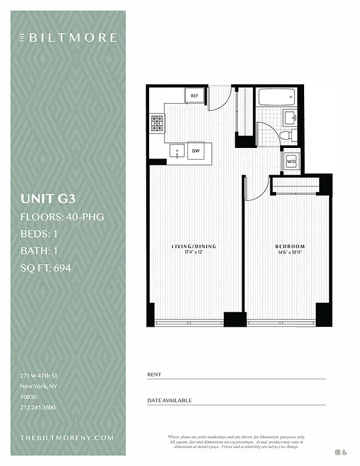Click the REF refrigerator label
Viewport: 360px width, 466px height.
[x=194, y=96]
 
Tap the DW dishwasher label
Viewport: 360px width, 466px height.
[x=196, y=151]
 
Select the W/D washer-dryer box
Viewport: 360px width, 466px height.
[x=291, y=161]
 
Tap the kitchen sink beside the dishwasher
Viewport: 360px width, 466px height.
[x=178, y=151]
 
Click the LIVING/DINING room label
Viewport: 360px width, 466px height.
[x=193, y=246]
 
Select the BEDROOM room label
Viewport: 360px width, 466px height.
[x=290, y=246]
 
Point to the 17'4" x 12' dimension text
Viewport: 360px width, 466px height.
[x=193, y=252]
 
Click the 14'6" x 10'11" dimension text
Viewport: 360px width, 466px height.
[x=290, y=252]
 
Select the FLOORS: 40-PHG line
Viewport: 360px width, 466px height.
[x=62, y=217]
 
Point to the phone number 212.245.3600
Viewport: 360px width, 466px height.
[x=38, y=407]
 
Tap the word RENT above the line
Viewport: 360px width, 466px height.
[x=154, y=375]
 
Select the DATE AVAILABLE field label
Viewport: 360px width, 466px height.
[x=170, y=401]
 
